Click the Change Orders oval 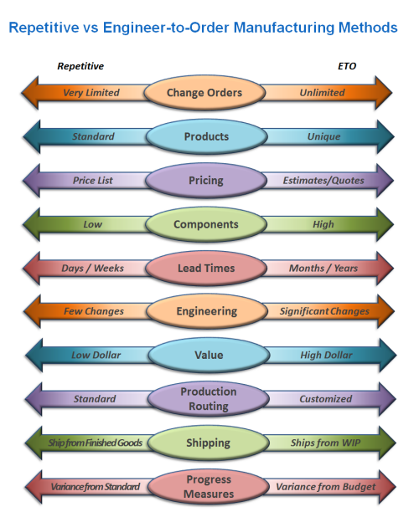click(x=204, y=93)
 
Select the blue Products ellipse click(x=206, y=136)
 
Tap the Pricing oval click(x=206, y=181)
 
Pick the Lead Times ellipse click(x=206, y=268)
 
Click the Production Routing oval click(x=209, y=399)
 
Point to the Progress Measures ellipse click(x=209, y=486)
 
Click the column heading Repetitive click(x=80, y=66)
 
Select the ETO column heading click(x=347, y=66)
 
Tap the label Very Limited click(x=91, y=93)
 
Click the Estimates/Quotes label click(x=323, y=181)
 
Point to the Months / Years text click(x=323, y=268)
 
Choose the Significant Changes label click(x=324, y=311)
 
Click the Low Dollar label click(x=96, y=355)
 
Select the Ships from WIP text click(x=325, y=443)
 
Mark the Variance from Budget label click(x=326, y=487)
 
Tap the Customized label click(x=326, y=399)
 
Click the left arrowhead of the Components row click(x=31, y=224)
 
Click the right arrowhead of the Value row click(x=388, y=355)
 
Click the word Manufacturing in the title click(x=284, y=28)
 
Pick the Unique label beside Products click(x=324, y=136)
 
